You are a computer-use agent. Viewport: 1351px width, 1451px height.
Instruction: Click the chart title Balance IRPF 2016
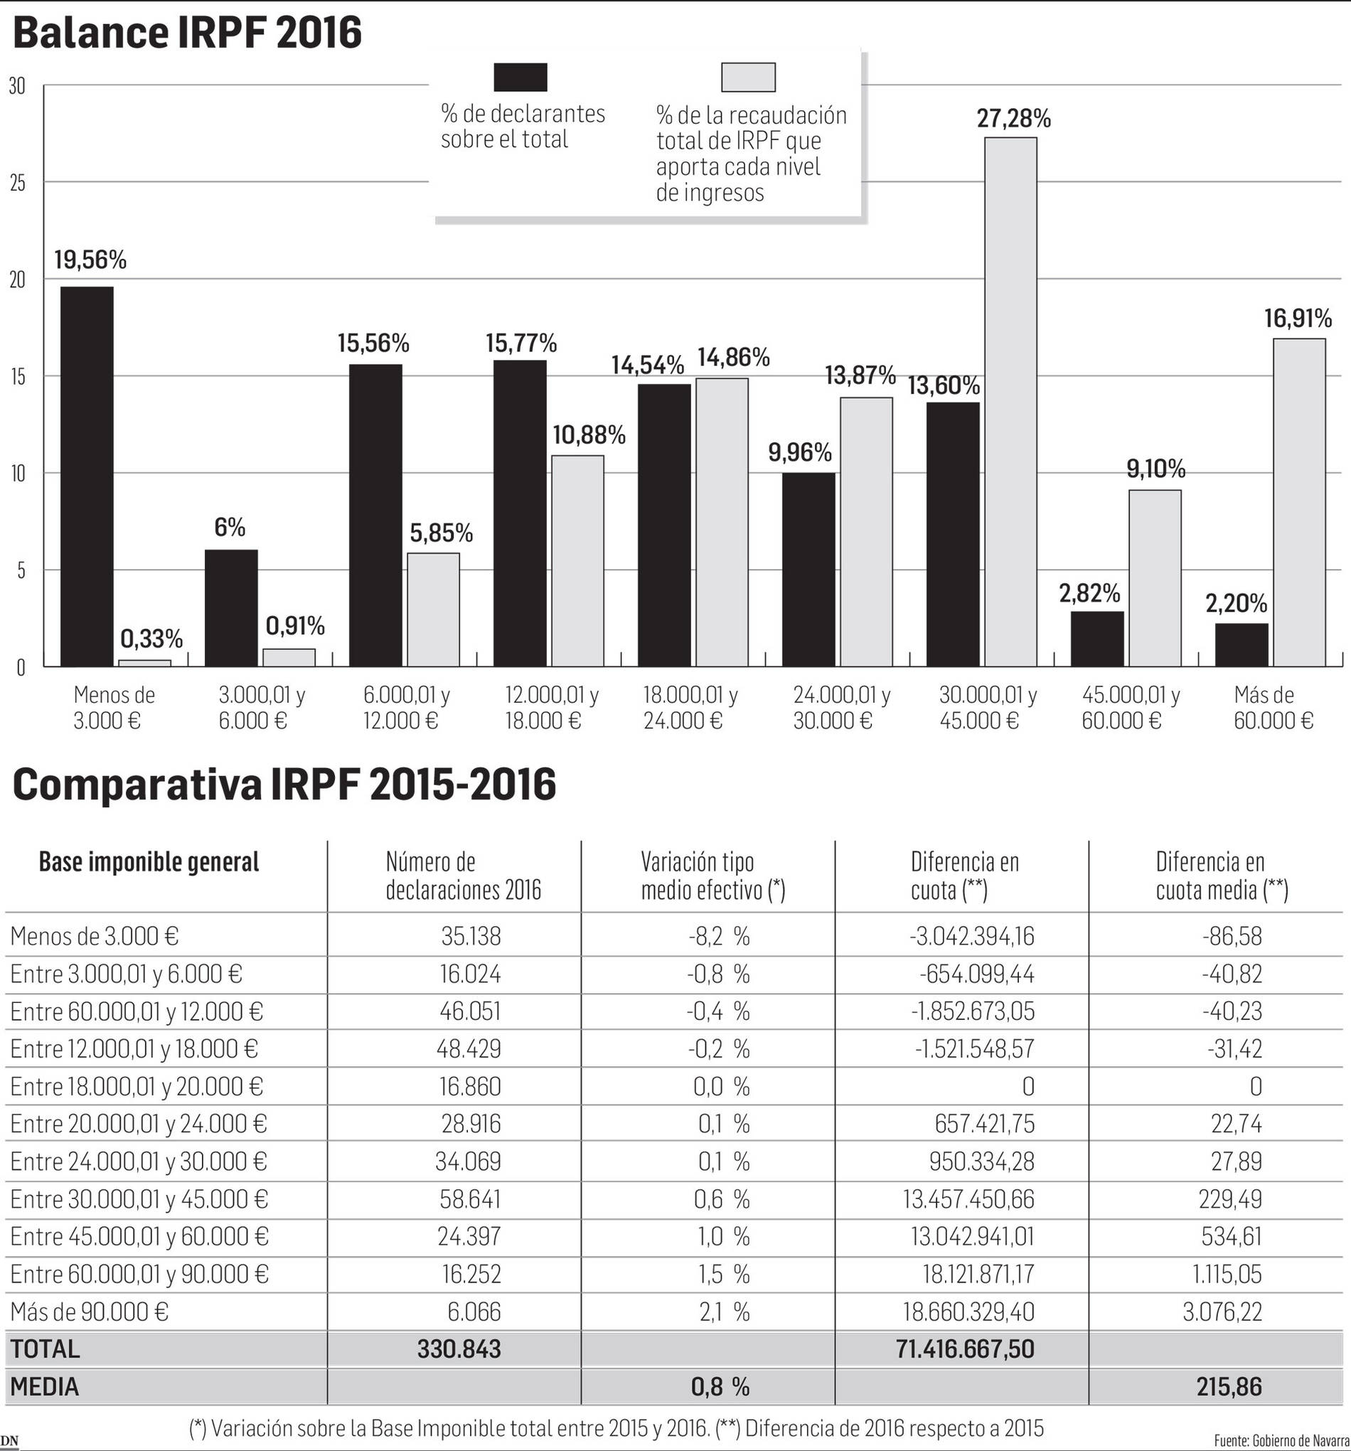(x=187, y=33)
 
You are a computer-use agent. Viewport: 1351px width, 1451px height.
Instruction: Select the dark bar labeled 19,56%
(x=86, y=476)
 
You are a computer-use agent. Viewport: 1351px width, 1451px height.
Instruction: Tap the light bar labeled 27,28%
(x=1010, y=401)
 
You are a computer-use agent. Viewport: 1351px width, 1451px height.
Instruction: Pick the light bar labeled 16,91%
(x=1299, y=502)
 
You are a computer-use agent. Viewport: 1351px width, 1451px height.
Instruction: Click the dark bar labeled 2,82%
(x=1097, y=639)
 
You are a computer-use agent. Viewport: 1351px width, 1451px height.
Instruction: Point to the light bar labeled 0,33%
(x=144, y=663)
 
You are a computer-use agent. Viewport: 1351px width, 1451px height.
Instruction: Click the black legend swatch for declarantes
(x=520, y=78)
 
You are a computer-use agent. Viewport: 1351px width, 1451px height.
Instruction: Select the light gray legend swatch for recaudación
(x=748, y=78)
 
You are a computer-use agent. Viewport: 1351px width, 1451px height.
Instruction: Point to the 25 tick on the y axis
(x=17, y=183)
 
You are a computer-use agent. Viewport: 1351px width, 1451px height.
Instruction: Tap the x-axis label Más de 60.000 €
(x=1273, y=707)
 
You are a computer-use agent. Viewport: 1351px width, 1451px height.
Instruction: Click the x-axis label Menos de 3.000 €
(x=113, y=707)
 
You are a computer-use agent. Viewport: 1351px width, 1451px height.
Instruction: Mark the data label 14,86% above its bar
(x=733, y=357)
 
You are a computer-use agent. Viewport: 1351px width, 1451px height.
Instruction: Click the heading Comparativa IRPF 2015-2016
(x=284, y=785)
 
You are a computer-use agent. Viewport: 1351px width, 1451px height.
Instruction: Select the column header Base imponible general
(x=149, y=862)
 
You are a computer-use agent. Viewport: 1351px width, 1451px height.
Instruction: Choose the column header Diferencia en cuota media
(x=1221, y=876)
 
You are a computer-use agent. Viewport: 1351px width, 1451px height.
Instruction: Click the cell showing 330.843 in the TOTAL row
(x=459, y=1349)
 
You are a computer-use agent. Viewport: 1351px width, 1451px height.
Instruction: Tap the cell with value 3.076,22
(x=1222, y=1312)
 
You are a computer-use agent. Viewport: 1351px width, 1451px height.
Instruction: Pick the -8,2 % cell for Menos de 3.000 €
(x=719, y=936)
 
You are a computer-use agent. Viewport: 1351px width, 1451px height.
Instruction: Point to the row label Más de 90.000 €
(x=89, y=1312)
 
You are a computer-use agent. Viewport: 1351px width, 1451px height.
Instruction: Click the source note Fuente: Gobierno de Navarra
(x=1281, y=1440)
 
